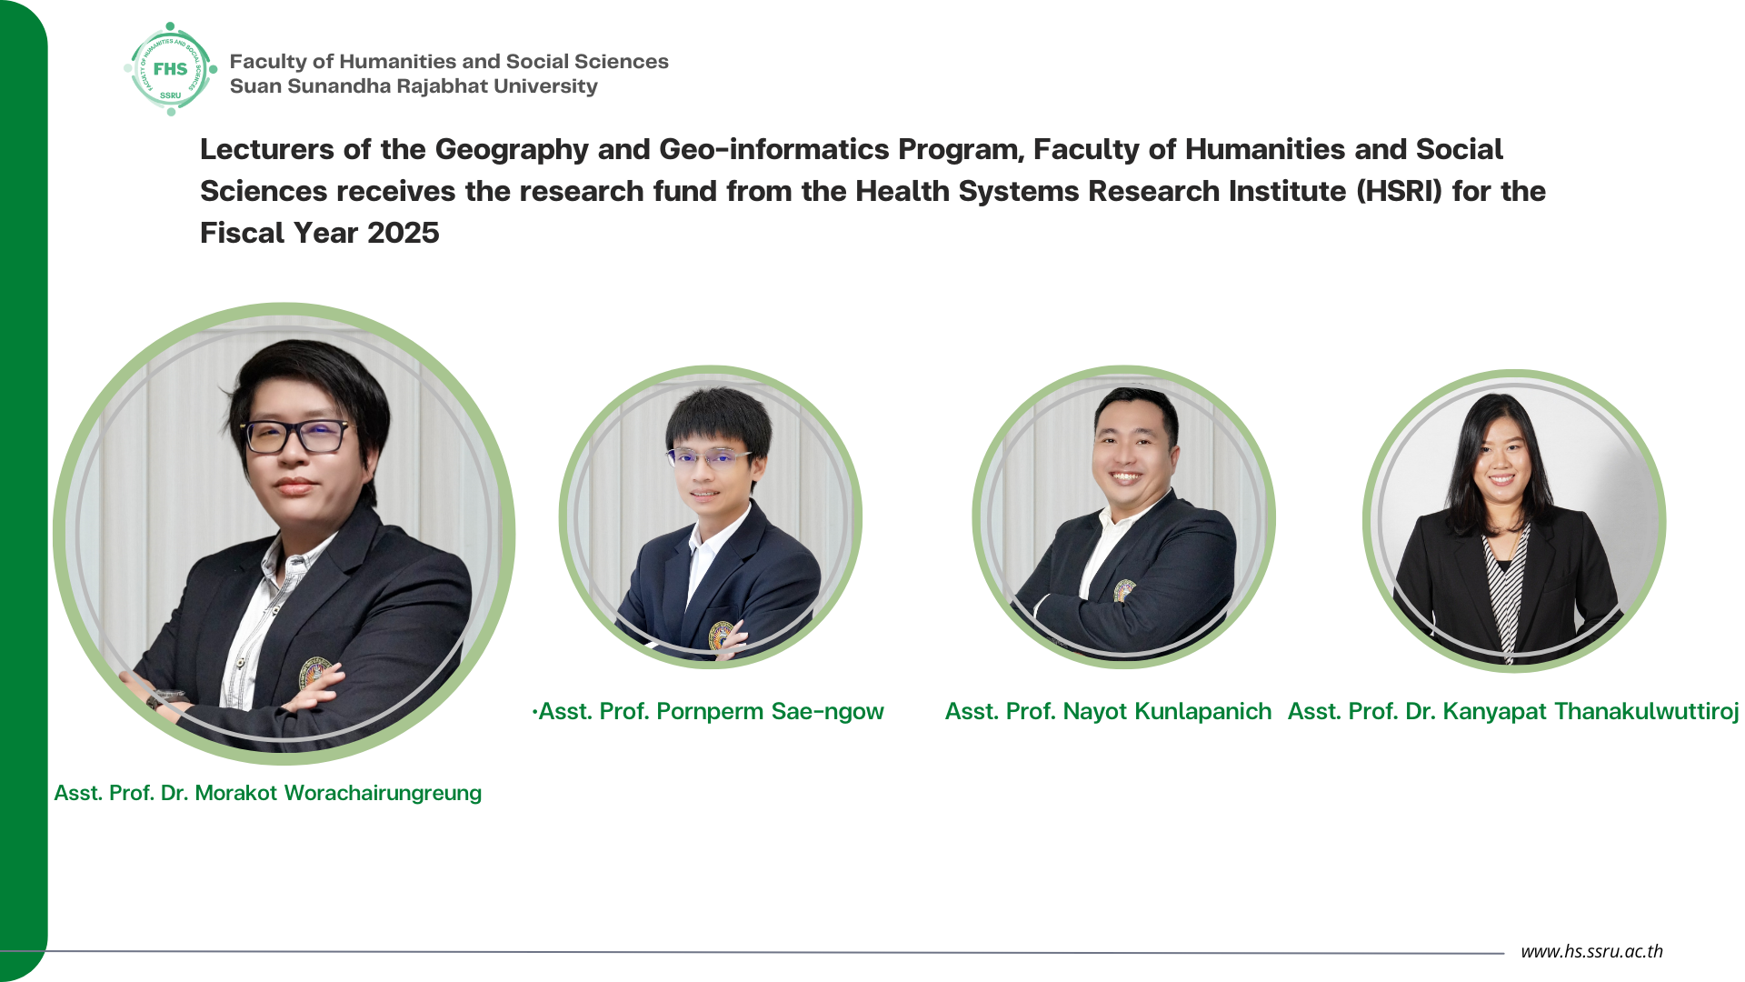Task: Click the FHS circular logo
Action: pyautogui.click(x=171, y=69)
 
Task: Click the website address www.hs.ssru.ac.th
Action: pyautogui.click(x=1591, y=951)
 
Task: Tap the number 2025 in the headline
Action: pyautogui.click(x=403, y=233)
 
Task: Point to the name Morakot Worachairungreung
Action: pyautogui.click(x=338, y=793)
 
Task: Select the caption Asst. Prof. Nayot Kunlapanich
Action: pyautogui.click(x=1108, y=711)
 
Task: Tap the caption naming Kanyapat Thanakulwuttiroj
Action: pyautogui.click(x=1513, y=711)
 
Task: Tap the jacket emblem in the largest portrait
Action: pyautogui.click(x=314, y=674)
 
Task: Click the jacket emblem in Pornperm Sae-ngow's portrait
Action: pyautogui.click(x=721, y=635)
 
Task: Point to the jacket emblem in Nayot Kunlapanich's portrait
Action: pyautogui.click(x=1124, y=590)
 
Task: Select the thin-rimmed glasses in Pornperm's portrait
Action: pyautogui.click(x=708, y=456)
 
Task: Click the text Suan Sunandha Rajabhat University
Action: pyautogui.click(x=414, y=86)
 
